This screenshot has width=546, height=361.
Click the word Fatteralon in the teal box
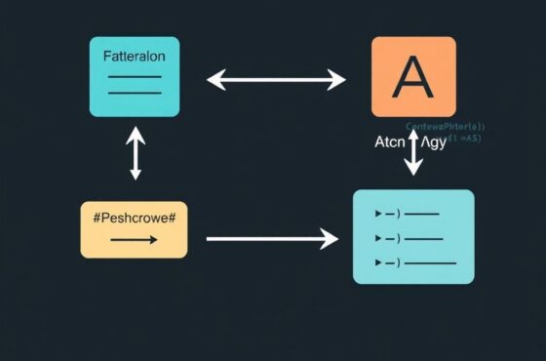point(134,57)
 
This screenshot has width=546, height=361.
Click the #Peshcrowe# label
point(134,216)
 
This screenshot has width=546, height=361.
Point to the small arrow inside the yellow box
point(133,237)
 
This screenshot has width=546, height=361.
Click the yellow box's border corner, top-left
point(82,202)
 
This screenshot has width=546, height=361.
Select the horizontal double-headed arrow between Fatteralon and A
point(276,79)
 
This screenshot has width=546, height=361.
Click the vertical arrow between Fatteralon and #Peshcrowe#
point(136,155)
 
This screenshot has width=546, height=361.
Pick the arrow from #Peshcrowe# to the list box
point(272,237)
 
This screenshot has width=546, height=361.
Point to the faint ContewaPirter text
point(445,126)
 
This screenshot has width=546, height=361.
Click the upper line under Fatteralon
point(134,75)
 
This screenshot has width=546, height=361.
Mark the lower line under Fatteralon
point(134,93)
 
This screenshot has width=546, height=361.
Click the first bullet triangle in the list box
point(378,212)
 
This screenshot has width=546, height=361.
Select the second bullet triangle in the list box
point(378,237)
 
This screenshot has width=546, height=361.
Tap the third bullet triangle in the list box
point(378,262)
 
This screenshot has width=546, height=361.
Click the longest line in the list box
point(433,262)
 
